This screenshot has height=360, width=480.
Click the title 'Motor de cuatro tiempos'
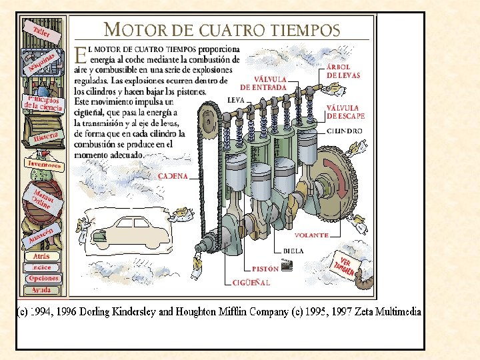[x=223, y=30]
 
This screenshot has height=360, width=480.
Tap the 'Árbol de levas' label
[x=343, y=71]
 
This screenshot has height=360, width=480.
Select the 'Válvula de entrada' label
[x=263, y=83]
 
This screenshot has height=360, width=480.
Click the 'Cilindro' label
[x=345, y=131]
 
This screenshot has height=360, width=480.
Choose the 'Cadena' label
[x=173, y=176]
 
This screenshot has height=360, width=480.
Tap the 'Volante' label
[x=311, y=235]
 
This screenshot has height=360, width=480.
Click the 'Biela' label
[x=293, y=251]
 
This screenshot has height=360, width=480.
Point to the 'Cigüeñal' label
[x=251, y=283]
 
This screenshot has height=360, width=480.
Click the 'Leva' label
[x=235, y=100]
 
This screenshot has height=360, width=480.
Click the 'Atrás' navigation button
[x=41, y=256]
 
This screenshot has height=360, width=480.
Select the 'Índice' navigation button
[x=41, y=267]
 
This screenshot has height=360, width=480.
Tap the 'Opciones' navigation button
[x=43, y=279]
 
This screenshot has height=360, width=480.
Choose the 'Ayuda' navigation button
[x=41, y=290]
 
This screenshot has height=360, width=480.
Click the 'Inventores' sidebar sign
[x=44, y=164]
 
